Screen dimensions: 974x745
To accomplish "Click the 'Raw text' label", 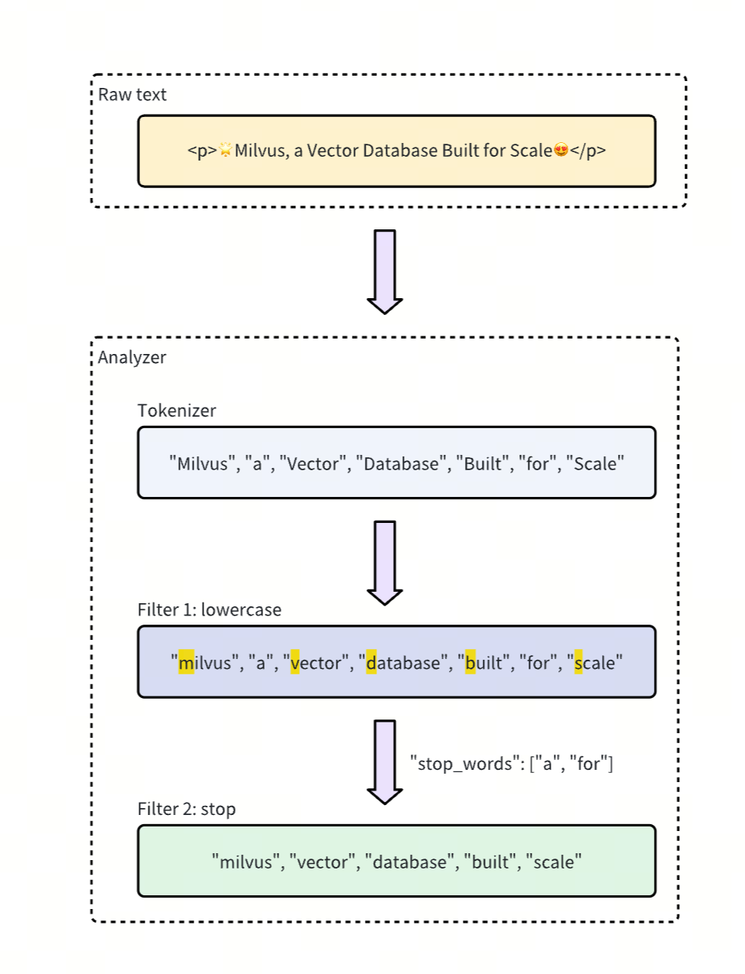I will point(132,95).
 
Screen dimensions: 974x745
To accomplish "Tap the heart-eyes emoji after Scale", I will point(561,151).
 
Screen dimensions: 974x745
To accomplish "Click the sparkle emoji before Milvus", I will point(226,151).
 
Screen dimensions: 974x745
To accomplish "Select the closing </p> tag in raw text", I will point(587,151).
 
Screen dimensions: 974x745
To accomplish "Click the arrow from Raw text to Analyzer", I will point(385,271).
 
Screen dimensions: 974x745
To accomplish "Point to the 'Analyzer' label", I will point(132,358).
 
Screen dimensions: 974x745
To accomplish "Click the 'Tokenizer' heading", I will point(177,411).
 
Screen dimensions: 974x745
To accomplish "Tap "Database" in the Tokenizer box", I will point(402,464).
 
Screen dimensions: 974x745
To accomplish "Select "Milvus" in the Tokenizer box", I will point(203,464).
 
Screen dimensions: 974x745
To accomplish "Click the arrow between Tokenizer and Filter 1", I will point(385,563).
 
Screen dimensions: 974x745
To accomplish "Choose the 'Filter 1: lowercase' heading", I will point(210,610).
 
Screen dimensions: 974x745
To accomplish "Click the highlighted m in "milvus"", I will point(186,663).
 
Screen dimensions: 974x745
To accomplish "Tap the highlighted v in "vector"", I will point(295,663).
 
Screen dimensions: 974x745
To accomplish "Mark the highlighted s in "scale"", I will point(578,663).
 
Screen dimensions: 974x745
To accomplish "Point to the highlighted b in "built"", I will point(470,663).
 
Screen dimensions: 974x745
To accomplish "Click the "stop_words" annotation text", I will point(511,764).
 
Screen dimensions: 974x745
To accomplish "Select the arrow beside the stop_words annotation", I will point(385,761).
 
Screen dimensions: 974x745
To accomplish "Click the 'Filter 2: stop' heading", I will point(187,810).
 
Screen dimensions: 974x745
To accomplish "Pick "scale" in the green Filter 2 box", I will point(554,862).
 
